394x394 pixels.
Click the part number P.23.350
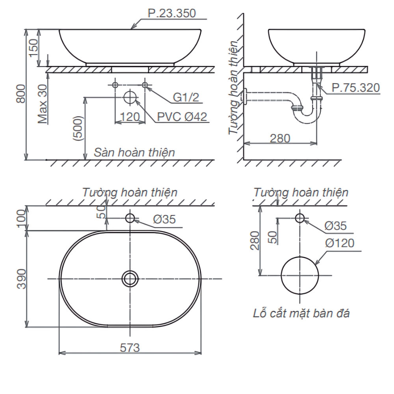coord(172,13)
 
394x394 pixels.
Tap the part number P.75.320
coord(355,88)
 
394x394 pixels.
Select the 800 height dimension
coord(21,94)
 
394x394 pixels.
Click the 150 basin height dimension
coord(33,48)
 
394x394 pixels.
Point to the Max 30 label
coord(43,104)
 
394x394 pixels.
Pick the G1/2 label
coord(186,97)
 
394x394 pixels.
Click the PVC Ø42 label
coord(182,117)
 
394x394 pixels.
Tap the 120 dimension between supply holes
coord(130,117)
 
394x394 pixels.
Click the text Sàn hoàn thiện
coord(134,152)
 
